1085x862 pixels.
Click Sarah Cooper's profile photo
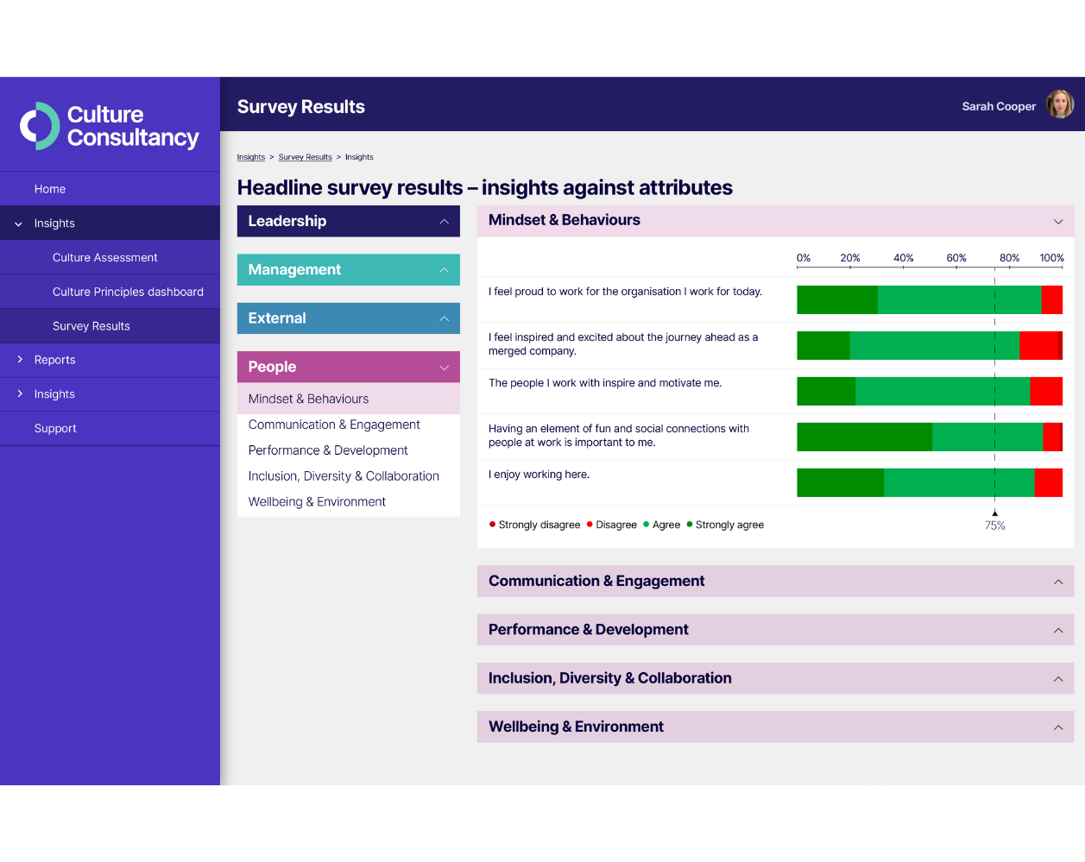click(x=1060, y=104)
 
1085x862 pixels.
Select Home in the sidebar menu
click(x=50, y=189)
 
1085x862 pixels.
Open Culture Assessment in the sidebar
click(x=104, y=257)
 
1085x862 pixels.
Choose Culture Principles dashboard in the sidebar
click(x=128, y=292)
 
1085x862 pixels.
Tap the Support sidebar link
click(x=55, y=428)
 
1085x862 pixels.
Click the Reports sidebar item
click(x=54, y=360)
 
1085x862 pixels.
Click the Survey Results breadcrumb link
click(x=305, y=157)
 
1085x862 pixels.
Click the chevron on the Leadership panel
click(x=444, y=222)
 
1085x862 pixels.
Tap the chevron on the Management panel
click(x=444, y=270)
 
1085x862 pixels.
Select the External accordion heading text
click(x=277, y=318)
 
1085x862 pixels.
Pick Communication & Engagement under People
click(x=334, y=425)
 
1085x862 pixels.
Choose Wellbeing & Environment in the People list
click(x=317, y=501)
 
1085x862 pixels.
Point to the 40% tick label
click(x=903, y=258)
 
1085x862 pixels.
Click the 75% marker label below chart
click(x=994, y=525)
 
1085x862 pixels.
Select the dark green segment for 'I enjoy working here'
click(x=840, y=482)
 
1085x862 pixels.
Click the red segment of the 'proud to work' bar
click(x=1051, y=299)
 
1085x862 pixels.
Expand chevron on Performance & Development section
click(x=1057, y=631)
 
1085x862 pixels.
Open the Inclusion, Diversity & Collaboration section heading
click(x=609, y=678)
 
